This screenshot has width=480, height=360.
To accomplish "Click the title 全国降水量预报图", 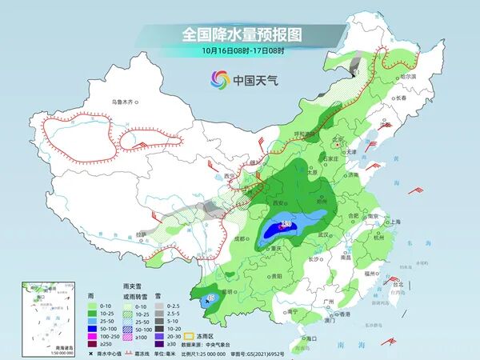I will [239, 34].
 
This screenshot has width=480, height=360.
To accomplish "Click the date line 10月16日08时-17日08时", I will [239, 50].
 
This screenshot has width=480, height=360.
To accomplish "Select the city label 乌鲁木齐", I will [126, 102].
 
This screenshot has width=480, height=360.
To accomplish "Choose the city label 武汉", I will [323, 235].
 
